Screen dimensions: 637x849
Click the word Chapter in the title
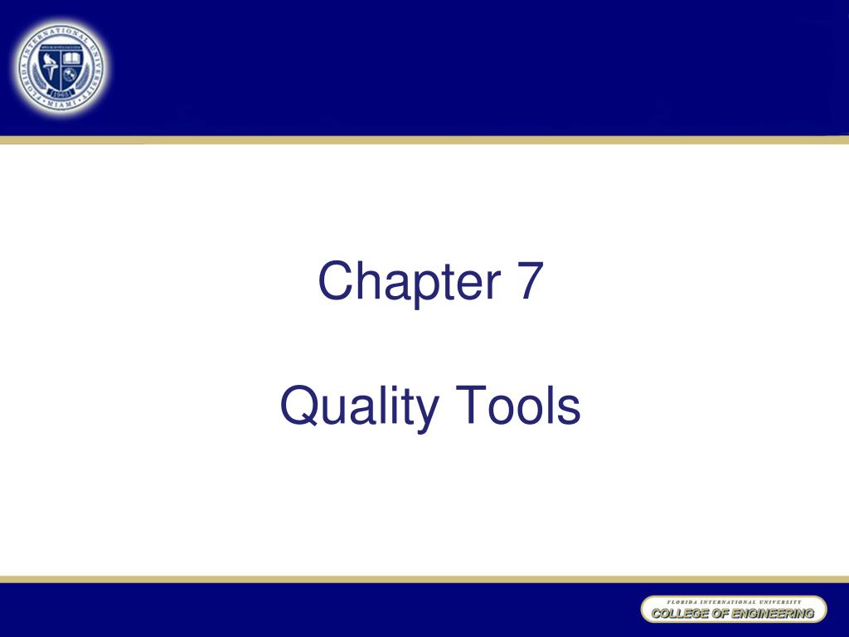click(x=407, y=282)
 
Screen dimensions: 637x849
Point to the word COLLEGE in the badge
click(x=675, y=614)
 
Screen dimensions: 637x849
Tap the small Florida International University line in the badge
click(x=733, y=601)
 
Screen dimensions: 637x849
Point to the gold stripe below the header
click(x=424, y=139)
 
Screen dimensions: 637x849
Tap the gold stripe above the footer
click(x=424, y=577)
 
